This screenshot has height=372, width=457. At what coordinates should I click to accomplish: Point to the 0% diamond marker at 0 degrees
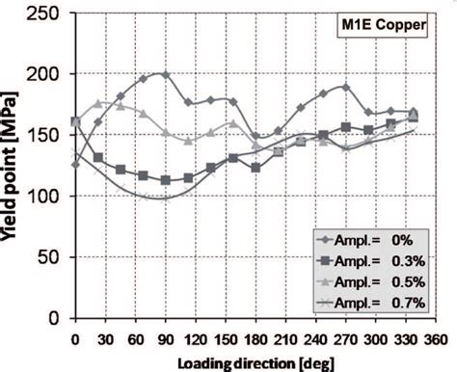(x=75, y=165)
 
